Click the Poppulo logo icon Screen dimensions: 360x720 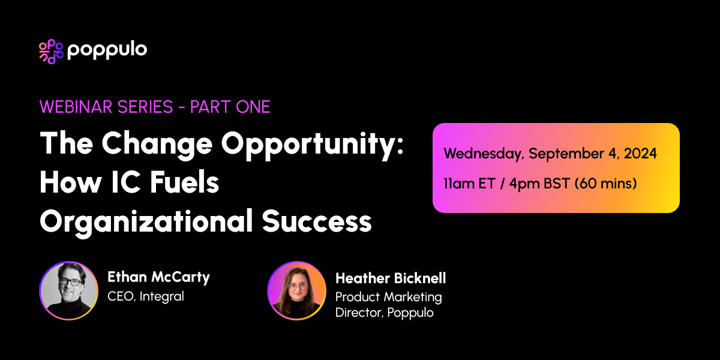(x=50, y=51)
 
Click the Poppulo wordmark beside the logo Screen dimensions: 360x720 (x=107, y=50)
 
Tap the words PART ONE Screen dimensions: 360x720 (x=230, y=107)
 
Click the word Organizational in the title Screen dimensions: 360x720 (x=146, y=223)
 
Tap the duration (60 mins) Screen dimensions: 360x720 (x=605, y=184)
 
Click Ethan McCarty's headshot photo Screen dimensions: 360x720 (x=68, y=290)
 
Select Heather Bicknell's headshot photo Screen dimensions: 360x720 (x=296, y=290)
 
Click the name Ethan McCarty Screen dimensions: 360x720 (x=158, y=277)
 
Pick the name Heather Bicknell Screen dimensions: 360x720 (x=390, y=278)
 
